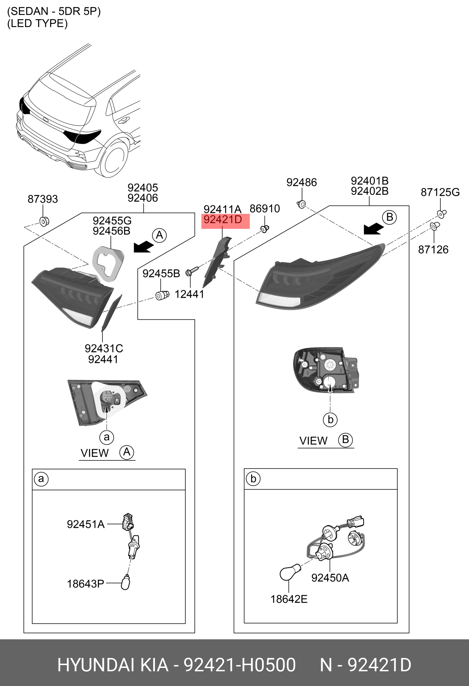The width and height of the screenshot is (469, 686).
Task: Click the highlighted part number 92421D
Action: pyautogui.click(x=223, y=220)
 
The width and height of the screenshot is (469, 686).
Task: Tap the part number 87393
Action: pyautogui.click(x=43, y=199)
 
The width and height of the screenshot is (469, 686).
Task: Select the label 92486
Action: pyautogui.click(x=301, y=182)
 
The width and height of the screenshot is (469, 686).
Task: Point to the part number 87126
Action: pyautogui.click(x=433, y=250)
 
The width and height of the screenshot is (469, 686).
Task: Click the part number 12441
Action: pyautogui.click(x=189, y=294)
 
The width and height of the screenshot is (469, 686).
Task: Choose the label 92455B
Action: pyautogui.click(x=161, y=274)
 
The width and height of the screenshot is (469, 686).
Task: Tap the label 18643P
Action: pyautogui.click(x=86, y=584)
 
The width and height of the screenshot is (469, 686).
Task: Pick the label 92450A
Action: pyautogui.click(x=330, y=578)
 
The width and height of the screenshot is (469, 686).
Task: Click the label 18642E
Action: pyautogui.click(x=289, y=599)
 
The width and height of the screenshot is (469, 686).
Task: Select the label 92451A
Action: pyautogui.click(x=86, y=524)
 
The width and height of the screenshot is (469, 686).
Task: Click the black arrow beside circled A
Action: pyautogui.click(x=143, y=247)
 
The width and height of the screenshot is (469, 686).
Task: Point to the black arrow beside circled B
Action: pyautogui.click(x=373, y=229)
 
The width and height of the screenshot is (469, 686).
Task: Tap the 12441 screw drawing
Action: pyautogui.click(x=192, y=271)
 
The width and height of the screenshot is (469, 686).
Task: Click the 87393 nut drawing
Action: pyautogui.click(x=44, y=221)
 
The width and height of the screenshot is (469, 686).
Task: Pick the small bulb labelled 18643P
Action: pyautogui.click(x=125, y=583)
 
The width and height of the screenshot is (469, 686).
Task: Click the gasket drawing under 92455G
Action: pyautogui.click(x=108, y=264)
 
